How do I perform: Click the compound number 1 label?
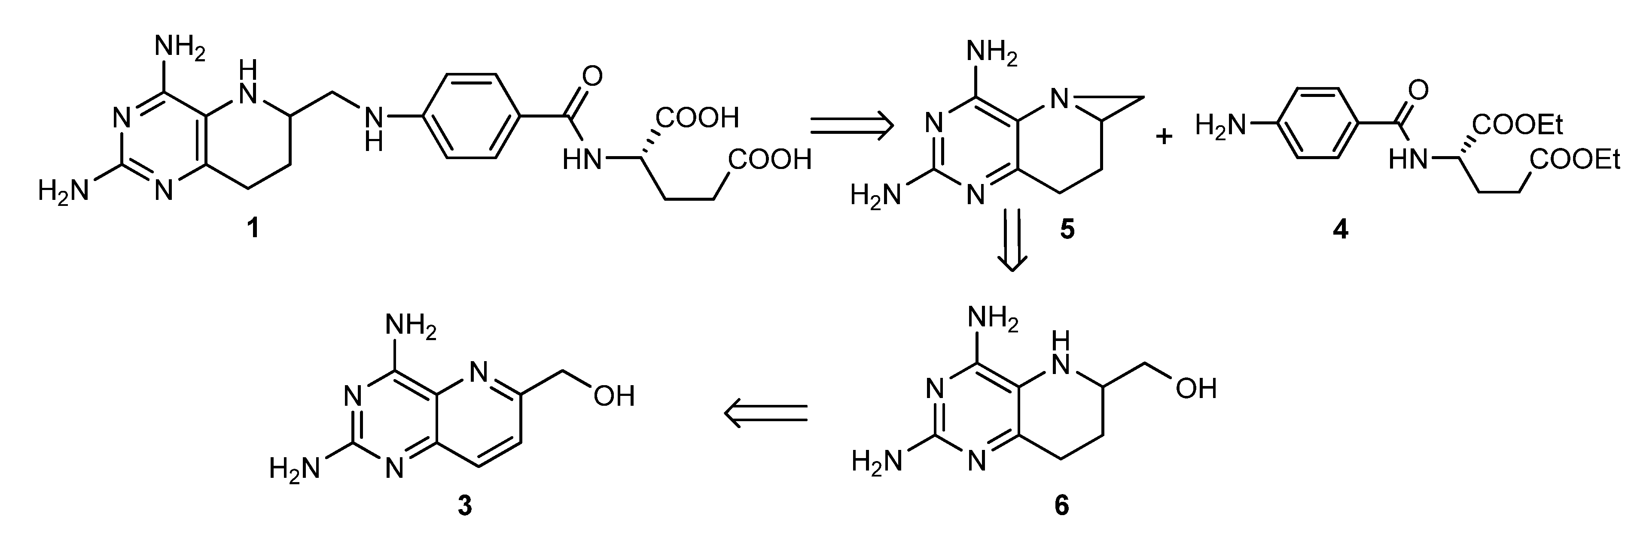[253, 228]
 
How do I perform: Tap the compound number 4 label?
[1340, 230]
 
